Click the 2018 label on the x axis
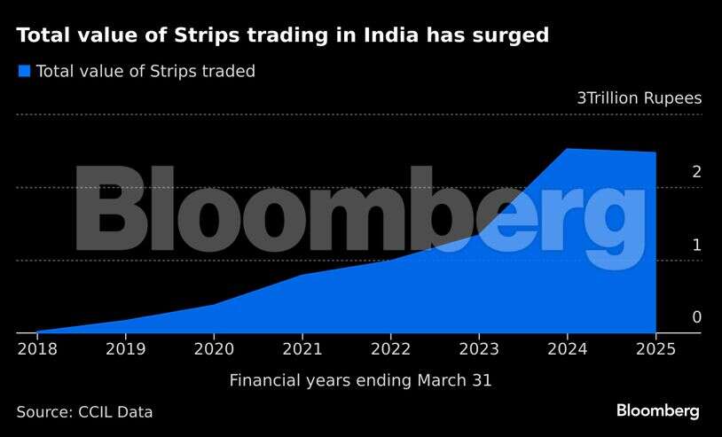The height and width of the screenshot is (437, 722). coord(36,348)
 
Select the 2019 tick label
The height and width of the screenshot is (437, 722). coord(125,348)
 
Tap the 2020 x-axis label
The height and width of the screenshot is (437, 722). coord(214,348)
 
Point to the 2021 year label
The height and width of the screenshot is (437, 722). coord(302,348)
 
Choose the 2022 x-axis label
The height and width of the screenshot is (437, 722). coord(391,348)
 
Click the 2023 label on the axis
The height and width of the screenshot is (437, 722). coord(480,348)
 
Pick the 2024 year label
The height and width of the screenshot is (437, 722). coord(568,348)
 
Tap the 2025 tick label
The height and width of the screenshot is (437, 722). coord(656,348)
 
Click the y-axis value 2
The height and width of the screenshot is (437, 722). coord(696,172)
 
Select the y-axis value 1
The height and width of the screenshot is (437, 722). coord(696,246)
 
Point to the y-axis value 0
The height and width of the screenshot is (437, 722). coord(696,317)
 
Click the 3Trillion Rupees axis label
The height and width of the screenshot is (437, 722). coord(639,98)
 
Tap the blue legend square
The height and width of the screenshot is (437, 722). coord(24,71)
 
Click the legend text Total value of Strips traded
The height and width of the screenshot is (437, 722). coord(145,72)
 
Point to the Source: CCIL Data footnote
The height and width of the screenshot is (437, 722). coord(84,412)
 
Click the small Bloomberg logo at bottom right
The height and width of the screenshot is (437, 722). coord(658,411)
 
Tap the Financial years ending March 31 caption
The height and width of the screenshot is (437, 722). coord(360,380)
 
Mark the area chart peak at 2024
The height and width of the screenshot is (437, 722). coord(568,149)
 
